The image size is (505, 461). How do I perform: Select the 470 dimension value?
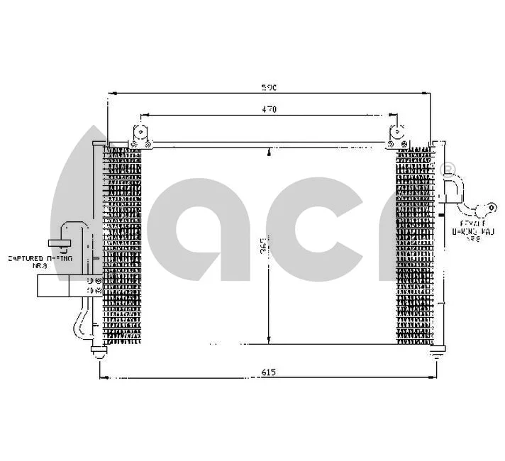tap(267, 109)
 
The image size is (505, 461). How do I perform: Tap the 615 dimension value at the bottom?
tap(267, 372)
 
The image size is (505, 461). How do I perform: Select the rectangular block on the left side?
tap(53, 285)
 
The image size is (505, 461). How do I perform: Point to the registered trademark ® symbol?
tap(448, 170)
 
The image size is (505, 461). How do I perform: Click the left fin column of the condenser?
tap(123, 245)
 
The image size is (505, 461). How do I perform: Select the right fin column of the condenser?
tap(414, 245)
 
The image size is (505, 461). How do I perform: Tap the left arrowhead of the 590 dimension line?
tap(111, 93)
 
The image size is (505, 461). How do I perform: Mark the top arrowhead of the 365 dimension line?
tap(268, 152)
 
